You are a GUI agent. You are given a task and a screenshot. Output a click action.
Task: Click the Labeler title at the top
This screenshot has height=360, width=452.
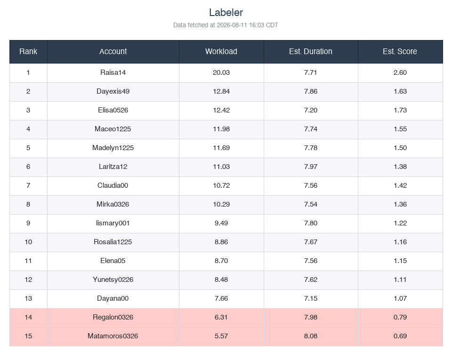click(226, 12)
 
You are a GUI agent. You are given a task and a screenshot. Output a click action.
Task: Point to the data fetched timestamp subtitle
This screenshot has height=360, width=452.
click(226, 25)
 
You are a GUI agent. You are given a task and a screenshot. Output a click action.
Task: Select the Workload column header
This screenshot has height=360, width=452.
click(221, 51)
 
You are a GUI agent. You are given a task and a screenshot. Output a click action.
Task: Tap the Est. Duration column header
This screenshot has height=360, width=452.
click(311, 51)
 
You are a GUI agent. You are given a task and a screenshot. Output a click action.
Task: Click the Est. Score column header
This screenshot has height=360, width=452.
click(400, 51)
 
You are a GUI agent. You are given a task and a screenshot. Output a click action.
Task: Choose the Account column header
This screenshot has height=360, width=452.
click(113, 51)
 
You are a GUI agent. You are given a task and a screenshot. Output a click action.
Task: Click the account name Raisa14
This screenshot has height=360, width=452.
click(113, 72)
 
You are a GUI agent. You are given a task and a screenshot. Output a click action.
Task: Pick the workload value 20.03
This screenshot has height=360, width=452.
click(221, 72)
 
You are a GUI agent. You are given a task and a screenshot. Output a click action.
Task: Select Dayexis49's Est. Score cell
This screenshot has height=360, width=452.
click(400, 91)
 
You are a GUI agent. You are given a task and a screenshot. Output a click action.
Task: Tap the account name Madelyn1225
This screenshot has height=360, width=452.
click(113, 148)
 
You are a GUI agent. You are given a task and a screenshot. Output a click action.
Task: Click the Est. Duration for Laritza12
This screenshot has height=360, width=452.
click(311, 167)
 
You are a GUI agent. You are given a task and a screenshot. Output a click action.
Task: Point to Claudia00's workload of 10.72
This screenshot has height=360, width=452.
click(221, 185)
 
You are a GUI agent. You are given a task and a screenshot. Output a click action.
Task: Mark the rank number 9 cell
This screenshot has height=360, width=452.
click(28, 223)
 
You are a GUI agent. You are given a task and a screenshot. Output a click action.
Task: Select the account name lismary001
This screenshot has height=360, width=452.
click(113, 223)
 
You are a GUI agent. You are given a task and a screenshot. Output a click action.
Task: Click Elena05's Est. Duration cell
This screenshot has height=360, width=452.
click(311, 261)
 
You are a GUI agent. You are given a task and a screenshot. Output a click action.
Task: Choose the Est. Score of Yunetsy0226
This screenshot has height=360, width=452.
click(400, 280)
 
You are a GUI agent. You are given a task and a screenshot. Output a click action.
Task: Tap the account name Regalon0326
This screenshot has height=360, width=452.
click(113, 317)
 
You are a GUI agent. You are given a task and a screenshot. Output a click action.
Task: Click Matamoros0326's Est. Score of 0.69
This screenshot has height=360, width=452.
click(400, 336)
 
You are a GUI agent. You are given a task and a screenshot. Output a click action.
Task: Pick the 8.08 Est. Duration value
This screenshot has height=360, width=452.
click(311, 336)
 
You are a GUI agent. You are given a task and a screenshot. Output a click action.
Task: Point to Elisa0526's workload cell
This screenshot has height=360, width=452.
click(221, 110)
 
